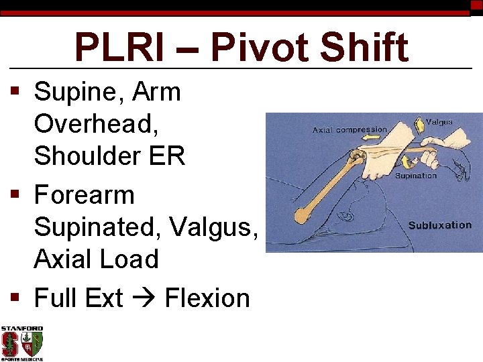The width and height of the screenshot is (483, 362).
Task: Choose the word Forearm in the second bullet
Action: (x=85, y=195)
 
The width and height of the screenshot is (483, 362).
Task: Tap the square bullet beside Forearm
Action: (x=15, y=196)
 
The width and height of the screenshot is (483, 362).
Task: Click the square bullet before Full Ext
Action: (x=15, y=298)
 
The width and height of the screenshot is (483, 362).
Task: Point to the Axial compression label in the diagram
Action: (x=350, y=130)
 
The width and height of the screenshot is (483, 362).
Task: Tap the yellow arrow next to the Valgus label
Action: (x=419, y=124)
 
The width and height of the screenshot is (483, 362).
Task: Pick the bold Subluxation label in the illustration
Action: (x=439, y=225)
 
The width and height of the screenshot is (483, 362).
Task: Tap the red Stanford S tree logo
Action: (x=11, y=345)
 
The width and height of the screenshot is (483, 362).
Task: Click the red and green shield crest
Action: (x=32, y=345)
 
